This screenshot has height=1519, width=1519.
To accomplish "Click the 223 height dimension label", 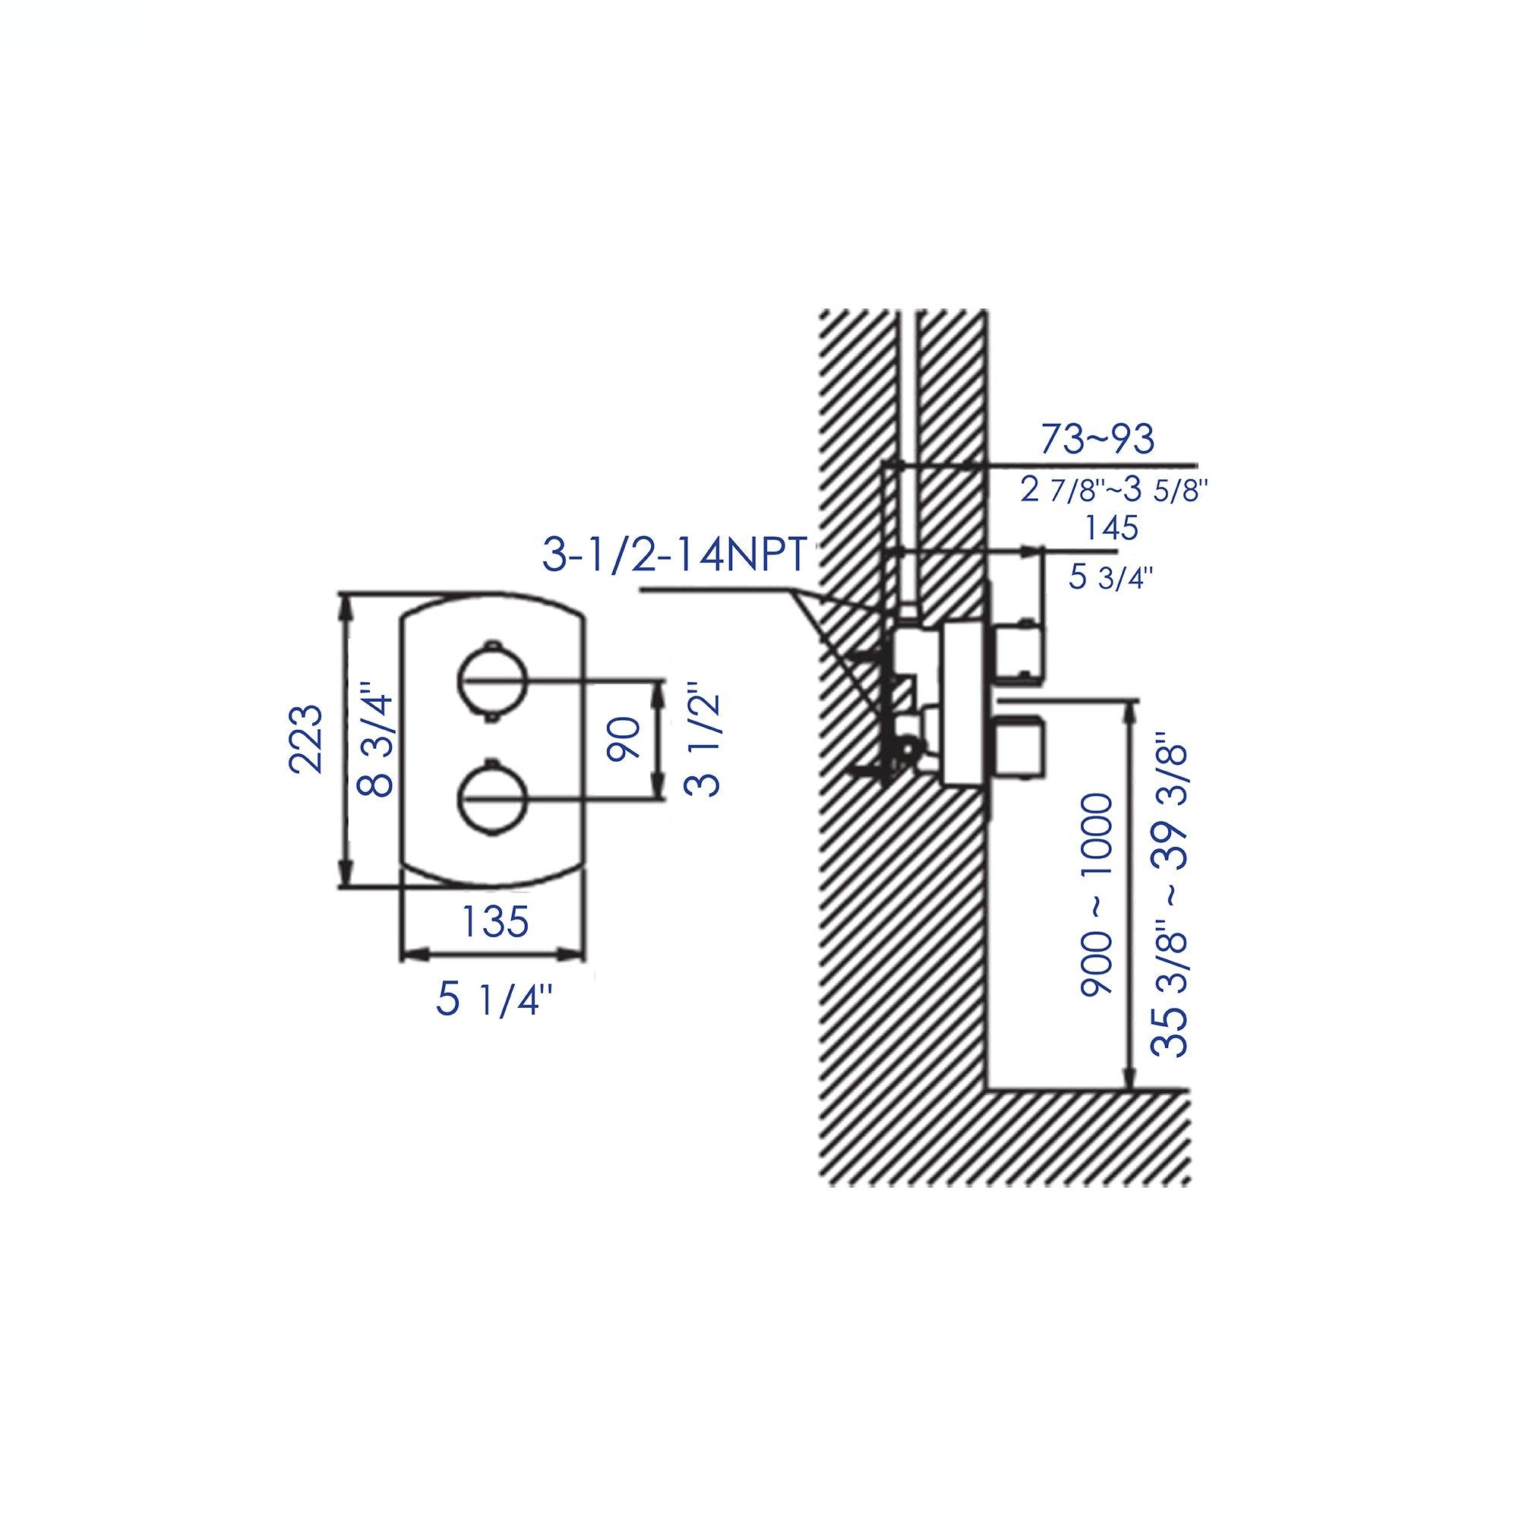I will [x=306, y=740].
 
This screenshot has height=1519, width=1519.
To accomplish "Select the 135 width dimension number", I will [x=494, y=921].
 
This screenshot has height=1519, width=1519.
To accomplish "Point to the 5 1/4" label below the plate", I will [x=494, y=1001].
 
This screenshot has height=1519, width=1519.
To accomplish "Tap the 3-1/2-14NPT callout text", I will [x=674, y=555].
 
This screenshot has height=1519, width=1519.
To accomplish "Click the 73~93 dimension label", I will [x=1097, y=439].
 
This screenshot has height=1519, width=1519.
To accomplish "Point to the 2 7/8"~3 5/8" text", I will [x=1113, y=491].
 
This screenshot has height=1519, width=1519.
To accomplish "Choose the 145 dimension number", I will [x=1111, y=528].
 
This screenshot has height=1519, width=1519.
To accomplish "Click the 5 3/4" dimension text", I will [x=1110, y=578].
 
